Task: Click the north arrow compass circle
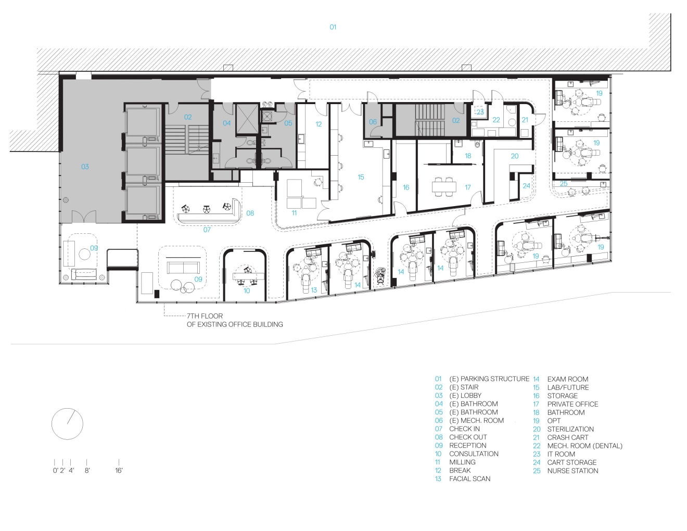point(52,424)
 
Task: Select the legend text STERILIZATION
point(570,429)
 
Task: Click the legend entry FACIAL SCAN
point(469,479)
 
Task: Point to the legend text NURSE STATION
point(572,471)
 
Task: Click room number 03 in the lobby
point(85,167)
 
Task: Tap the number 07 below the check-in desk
point(207,230)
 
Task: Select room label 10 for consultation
point(247,290)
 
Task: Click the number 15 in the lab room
point(361,177)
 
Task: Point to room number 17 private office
point(468,187)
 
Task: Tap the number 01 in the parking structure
point(333,27)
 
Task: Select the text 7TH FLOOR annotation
point(205,316)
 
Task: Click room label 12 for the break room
point(319,124)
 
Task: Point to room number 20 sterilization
point(515,156)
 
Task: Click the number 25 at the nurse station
point(563,184)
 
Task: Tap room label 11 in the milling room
point(294,213)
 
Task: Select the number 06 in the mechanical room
point(373,122)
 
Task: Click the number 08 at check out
point(250,213)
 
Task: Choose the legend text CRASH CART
point(567,437)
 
